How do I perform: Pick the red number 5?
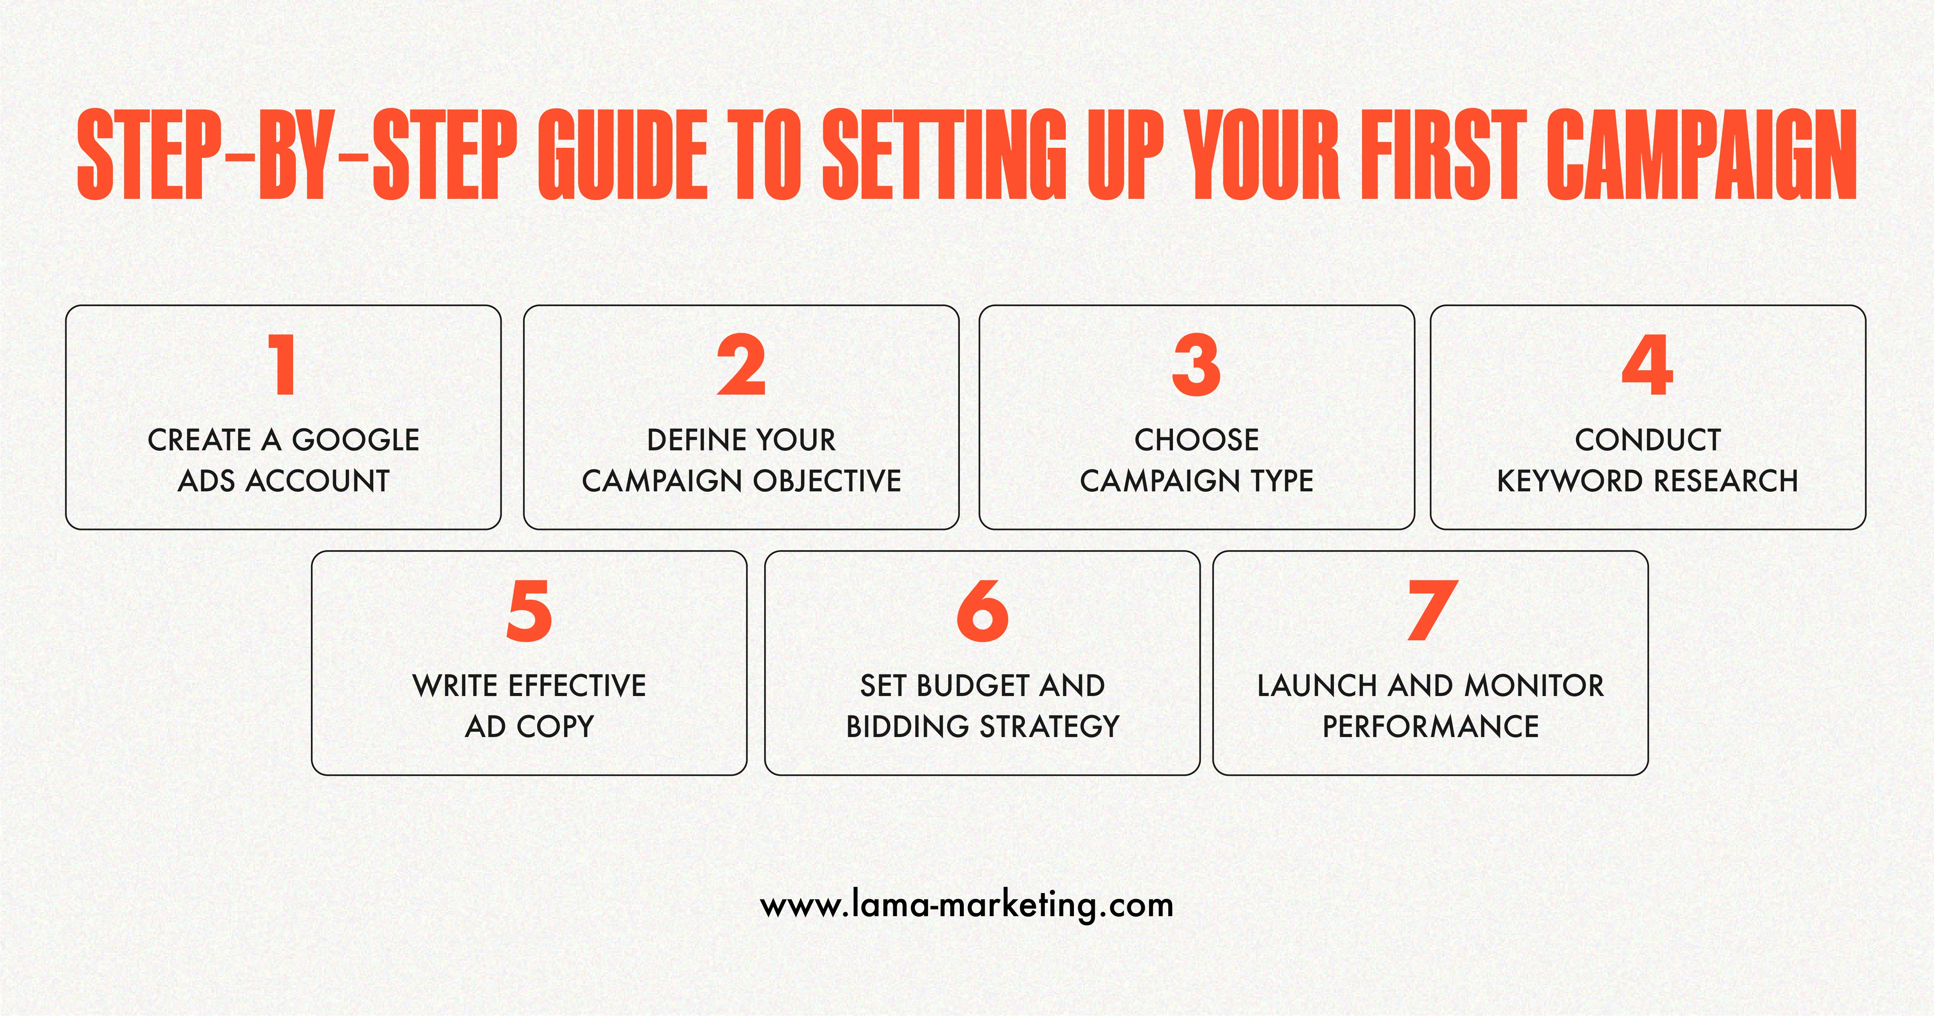[529, 611]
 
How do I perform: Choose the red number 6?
[982, 611]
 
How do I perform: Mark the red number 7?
[1432, 611]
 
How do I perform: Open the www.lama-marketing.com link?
[967, 905]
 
